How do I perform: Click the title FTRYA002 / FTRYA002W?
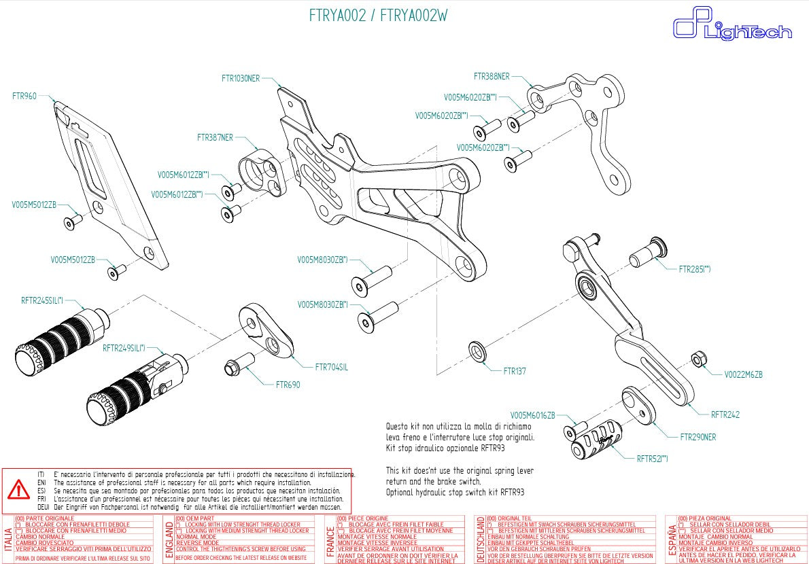tap(378, 16)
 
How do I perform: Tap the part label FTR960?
tap(24, 96)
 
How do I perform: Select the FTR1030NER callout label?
tap(240, 79)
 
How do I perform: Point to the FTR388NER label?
tap(491, 77)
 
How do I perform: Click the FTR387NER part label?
tap(215, 137)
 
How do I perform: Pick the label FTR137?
tap(514, 372)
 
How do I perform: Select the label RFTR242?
tap(725, 415)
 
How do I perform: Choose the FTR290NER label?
tap(698, 437)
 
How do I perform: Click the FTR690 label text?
tap(288, 385)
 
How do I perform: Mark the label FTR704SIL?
tap(331, 367)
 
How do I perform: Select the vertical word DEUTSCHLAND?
tap(481, 538)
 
